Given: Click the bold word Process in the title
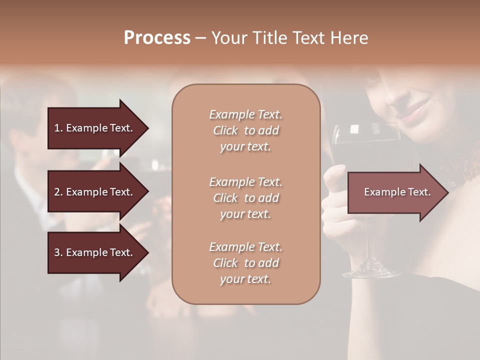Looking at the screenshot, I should coord(157,38).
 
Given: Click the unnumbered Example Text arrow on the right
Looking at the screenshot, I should coord(397,192).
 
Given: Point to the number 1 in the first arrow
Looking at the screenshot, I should coord(56,128).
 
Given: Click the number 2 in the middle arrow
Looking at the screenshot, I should coord(56,192).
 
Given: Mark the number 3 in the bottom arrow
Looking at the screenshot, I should coord(56,252).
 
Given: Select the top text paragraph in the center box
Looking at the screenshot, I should coord(245,130).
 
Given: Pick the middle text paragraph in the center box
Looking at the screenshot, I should coord(245,198).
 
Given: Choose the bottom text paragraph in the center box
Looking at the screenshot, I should coord(245,263).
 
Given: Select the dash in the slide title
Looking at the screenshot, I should coord(201,38).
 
